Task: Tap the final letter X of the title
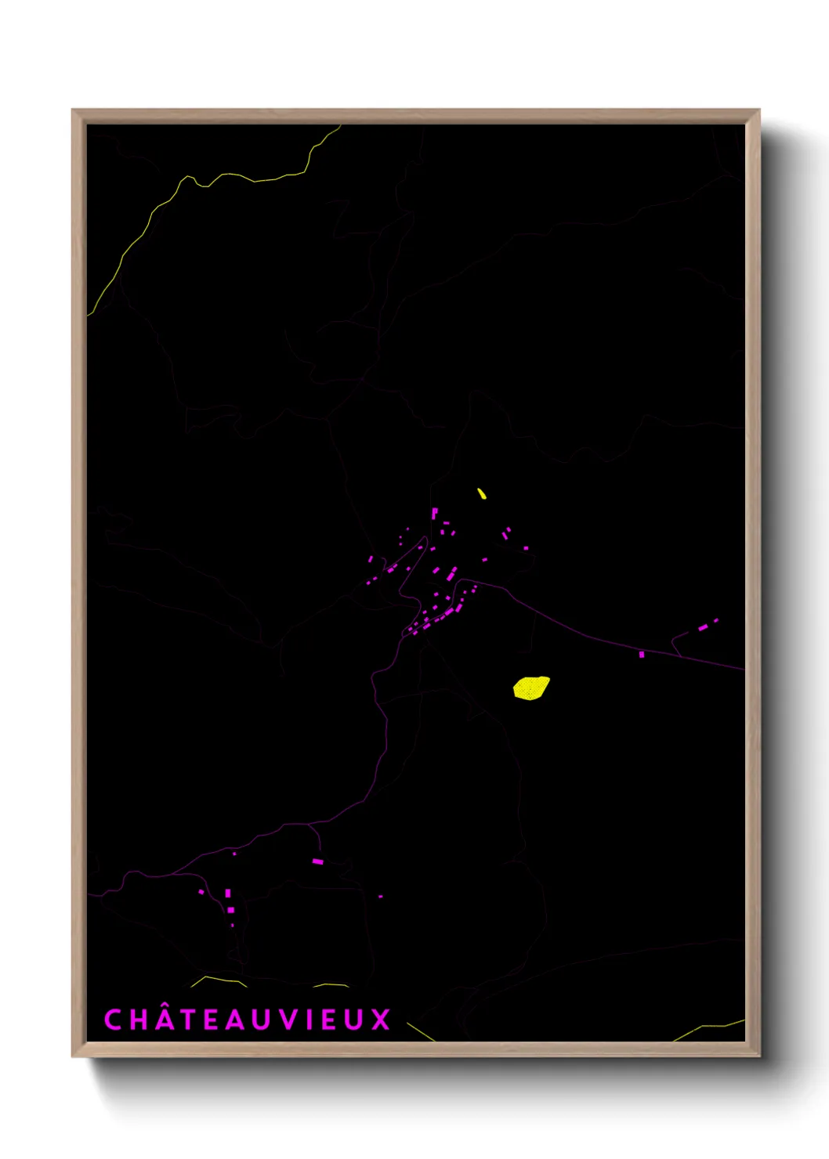tap(381, 1020)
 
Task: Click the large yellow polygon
tap(531, 688)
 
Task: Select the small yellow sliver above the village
tap(482, 493)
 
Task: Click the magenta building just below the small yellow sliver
tap(435, 514)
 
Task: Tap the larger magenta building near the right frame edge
tap(703, 626)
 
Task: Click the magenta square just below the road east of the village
tap(642, 654)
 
